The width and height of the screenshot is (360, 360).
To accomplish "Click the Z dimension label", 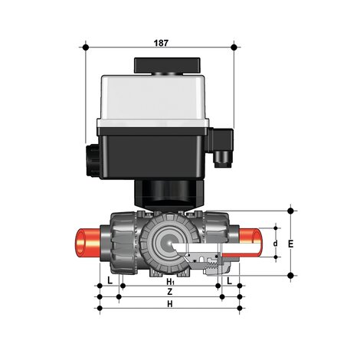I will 169,293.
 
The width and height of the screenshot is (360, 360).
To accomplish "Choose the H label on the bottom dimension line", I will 169,304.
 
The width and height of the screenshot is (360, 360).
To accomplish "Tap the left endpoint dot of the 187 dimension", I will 86,47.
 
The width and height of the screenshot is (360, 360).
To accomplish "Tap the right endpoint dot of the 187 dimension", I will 234,47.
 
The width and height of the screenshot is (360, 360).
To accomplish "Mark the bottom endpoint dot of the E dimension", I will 290,275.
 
